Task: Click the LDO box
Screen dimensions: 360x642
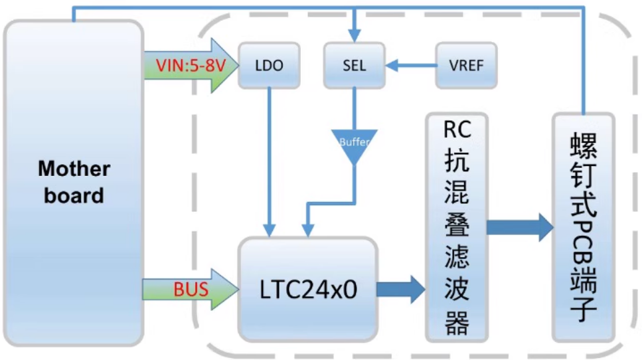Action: click(269, 66)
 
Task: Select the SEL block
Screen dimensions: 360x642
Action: click(354, 66)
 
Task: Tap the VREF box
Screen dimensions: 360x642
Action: click(465, 66)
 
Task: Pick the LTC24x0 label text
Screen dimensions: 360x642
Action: click(308, 290)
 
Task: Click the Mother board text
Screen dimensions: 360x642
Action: click(74, 181)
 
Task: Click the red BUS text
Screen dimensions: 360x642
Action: click(191, 290)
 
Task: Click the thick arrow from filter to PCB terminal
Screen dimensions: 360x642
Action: click(520, 228)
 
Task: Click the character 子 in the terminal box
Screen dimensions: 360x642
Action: click(584, 310)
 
